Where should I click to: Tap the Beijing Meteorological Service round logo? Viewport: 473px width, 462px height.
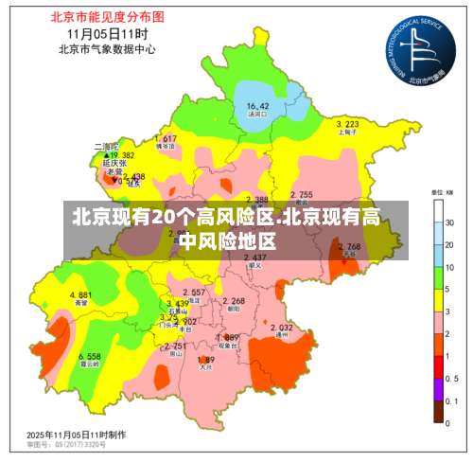click(412, 49)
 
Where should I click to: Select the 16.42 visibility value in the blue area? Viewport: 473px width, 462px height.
click(257, 106)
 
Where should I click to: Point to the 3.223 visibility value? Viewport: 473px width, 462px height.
click(347, 124)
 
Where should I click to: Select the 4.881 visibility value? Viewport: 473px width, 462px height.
click(80, 295)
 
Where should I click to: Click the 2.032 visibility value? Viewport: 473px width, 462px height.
click(281, 328)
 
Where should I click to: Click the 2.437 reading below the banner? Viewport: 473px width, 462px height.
click(254, 258)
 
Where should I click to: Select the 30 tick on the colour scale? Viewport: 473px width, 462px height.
click(450, 222)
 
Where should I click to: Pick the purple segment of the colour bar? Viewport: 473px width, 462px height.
click(438, 388)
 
